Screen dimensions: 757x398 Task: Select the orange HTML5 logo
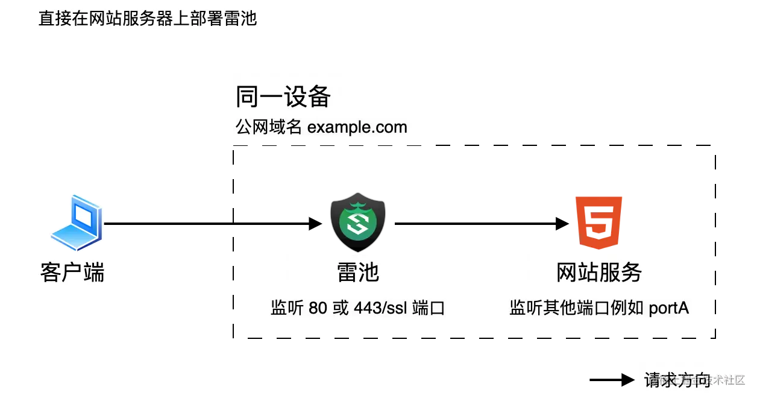(x=600, y=221)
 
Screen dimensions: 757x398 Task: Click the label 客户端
(x=72, y=273)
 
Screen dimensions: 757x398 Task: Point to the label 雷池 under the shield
(x=358, y=273)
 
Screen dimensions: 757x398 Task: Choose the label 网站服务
(x=599, y=273)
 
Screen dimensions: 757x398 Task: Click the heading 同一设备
(x=283, y=96)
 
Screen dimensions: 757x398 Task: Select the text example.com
(x=357, y=128)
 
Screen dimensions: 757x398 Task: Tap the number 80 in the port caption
(x=318, y=309)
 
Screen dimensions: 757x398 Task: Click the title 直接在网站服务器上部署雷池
(x=147, y=19)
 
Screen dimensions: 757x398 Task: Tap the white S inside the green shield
(x=358, y=224)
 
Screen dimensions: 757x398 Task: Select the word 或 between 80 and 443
(x=341, y=309)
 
